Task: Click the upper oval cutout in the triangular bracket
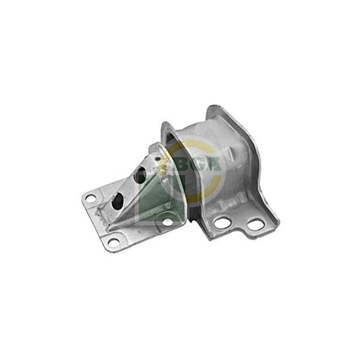tap(140, 175)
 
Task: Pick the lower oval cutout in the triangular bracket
tap(117, 201)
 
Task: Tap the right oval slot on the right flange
tap(256, 225)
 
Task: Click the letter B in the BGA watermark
tap(184, 165)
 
